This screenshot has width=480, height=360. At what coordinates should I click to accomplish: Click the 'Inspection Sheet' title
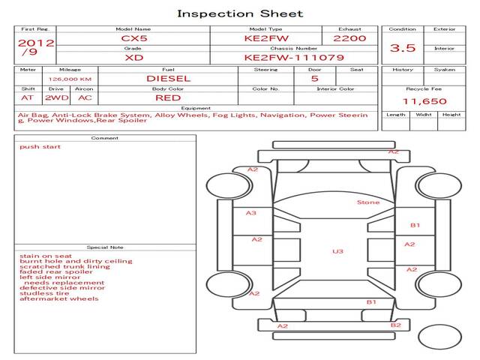click(x=240, y=13)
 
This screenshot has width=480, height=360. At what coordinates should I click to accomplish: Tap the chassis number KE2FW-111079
click(x=283, y=57)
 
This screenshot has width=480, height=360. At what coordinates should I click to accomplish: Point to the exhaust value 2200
click(x=349, y=38)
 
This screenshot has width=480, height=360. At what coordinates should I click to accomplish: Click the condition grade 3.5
click(x=402, y=49)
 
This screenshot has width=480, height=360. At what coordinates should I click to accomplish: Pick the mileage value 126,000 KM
click(x=70, y=78)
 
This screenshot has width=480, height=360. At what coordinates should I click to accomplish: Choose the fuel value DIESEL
click(x=168, y=78)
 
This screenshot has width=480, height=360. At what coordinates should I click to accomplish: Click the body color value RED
click(x=168, y=97)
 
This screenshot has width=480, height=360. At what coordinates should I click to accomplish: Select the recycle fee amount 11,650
click(x=424, y=101)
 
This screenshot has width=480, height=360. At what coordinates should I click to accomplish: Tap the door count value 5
click(x=314, y=78)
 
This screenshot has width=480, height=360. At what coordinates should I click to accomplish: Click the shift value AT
click(x=28, y=97)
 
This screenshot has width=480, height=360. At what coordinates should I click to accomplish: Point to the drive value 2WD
click(x=55, y=97)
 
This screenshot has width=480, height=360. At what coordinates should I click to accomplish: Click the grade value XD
click(x=135, y=57)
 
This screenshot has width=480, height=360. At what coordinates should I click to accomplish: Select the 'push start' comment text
click(x=40, y=147)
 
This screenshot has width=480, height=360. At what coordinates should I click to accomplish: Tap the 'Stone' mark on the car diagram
click(x=368, y=202)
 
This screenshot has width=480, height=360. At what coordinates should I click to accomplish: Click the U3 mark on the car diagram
click(x=337, y=251)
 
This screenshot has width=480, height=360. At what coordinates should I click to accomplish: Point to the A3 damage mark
click(x=251, y=213)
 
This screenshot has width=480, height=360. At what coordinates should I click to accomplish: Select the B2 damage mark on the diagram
click(x=396, y=325)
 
